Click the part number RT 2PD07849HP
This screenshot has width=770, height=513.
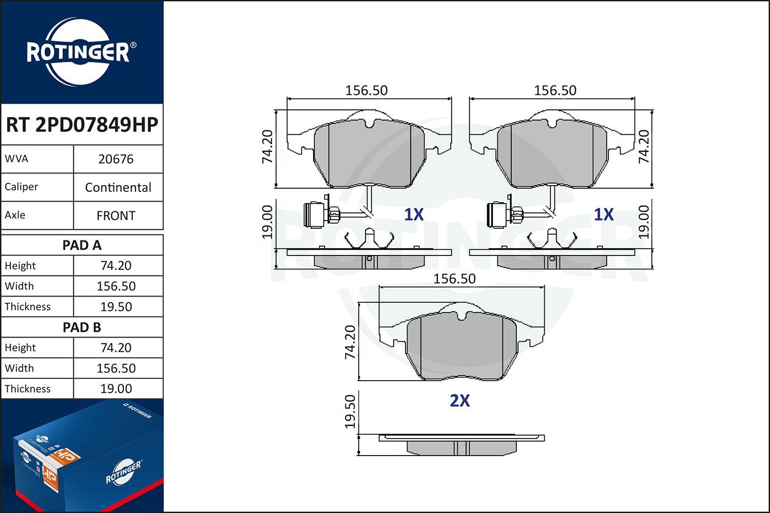pyautogui.click(x=82, y=125)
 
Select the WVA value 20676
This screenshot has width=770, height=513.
pyautogui.click(x=116, y=159)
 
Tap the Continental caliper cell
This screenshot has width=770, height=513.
pyautogui.click(x=118, y=187)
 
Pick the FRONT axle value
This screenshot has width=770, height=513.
pyautogui.click(x=116, y=216)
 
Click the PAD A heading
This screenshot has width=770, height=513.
pyautogui.click(x=82, y=245)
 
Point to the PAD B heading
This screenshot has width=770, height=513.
pyautogui.click(x=82, y=327)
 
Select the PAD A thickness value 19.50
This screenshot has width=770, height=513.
pyautogui.click(x=116, y=307)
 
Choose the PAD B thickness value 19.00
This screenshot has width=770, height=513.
pyautogui.click(x=116, y=389)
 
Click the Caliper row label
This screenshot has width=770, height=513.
pyautogui.click(x=22, y=187)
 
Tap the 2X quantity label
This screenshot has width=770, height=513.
pyautogui.click(x=459, y=401)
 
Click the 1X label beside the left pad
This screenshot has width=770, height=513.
pyautogui.click(x=414, y=215)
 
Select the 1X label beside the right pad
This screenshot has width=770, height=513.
pyautogui.click(x=604, y=215)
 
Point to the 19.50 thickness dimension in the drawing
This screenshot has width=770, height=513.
pyautogui.click(x=350, y=411)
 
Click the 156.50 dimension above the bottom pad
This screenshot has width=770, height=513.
pyautogui.click(x=454, y=279)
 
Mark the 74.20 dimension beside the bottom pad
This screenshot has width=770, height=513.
pyautogui.click(x=350, y=342)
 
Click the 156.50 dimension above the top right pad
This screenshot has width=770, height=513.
pyautogui.click(x=555, y=90)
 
